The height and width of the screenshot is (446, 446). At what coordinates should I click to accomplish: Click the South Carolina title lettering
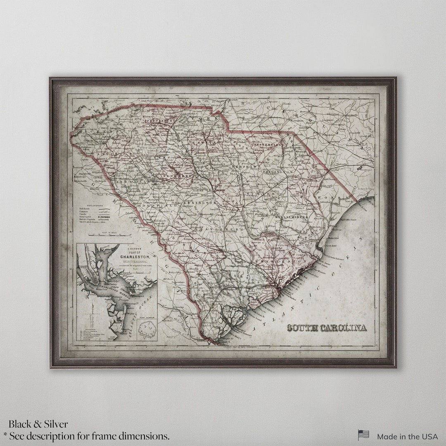tap(327, 328)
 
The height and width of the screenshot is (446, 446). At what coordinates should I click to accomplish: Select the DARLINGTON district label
tap(276, 171)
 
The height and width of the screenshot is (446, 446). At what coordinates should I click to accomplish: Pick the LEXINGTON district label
tap(200, 203)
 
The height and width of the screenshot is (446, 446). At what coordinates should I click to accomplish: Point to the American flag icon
tap(363, 435)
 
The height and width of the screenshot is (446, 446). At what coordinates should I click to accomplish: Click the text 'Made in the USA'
tap(407, 436)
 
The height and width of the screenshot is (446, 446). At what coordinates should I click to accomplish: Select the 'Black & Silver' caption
tap(38, 424)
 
